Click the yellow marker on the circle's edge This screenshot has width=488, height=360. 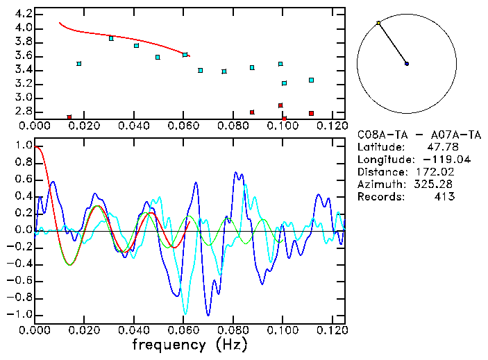378,24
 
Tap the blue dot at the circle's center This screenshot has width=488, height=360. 407,64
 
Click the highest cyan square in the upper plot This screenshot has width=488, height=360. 111,38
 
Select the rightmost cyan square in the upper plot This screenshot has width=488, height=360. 311,80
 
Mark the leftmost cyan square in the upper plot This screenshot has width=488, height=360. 79,64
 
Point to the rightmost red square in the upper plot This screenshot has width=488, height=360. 311,113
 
